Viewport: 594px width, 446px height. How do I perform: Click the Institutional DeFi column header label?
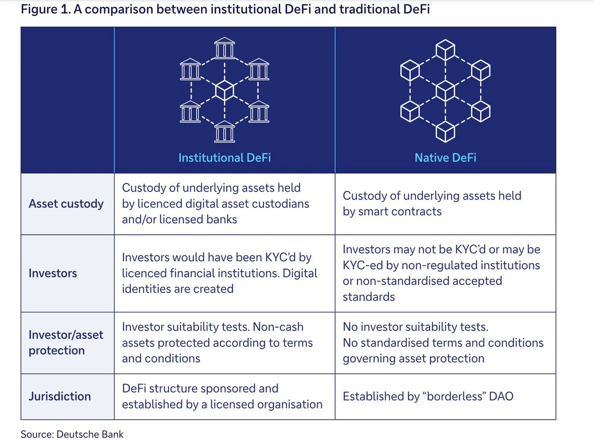tap(224, 158)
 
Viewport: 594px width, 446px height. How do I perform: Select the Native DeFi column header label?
tap(445, 158)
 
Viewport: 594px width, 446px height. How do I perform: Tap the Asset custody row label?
tap(66, 204)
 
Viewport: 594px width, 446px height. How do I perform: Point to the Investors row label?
tap(53, 273)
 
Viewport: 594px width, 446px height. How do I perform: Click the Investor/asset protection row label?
tap(66, 343)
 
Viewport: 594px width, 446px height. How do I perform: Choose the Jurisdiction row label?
tap(60, 396)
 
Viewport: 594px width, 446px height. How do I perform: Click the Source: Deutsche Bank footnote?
tap(72, 434)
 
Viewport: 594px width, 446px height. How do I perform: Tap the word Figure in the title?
tap(39, 9)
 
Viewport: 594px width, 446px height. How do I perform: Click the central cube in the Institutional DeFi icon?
tap(224, 91)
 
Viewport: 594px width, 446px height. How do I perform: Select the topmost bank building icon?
tap(224, 48)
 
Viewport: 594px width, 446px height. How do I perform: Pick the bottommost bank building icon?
tap(224, 132)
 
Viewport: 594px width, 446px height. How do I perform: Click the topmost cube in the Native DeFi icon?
tap(445, 50)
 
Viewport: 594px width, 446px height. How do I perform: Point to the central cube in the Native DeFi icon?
tap(445, 91)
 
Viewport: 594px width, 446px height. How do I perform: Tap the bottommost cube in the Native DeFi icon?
tap(445, 132)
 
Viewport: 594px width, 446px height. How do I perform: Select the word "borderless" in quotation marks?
tap(454, 396)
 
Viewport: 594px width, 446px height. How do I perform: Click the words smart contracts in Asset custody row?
tap(399, 211)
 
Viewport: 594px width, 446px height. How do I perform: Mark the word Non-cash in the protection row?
tap(278, 327)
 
